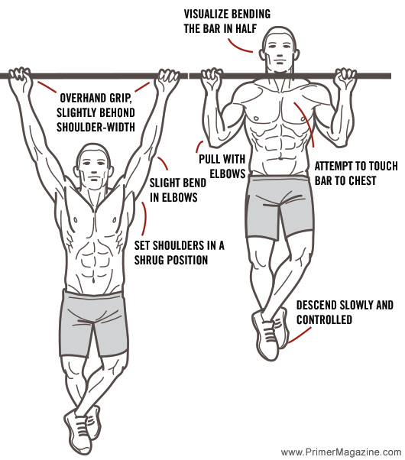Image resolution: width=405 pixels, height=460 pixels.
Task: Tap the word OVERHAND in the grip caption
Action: tap(82, 98)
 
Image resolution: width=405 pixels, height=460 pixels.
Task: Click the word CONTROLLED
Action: tap(326, 319)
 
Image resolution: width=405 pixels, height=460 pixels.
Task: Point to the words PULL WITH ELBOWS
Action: tap(222, 167)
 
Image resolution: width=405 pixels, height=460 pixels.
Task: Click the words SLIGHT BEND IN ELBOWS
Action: tap(173, 190)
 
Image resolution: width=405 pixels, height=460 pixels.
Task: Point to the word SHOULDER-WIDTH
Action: tap(94, 125)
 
